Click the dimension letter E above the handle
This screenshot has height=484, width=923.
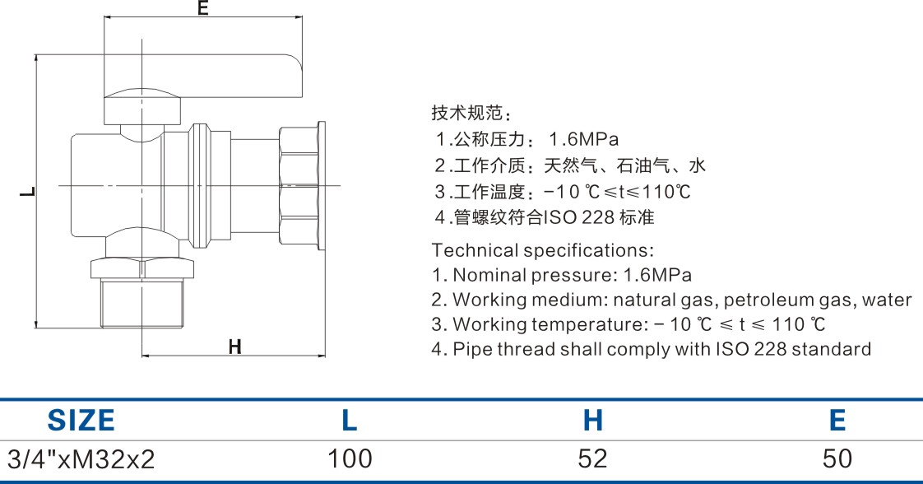tap(203, 7)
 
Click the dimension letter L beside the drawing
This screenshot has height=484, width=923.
tap(27, 191)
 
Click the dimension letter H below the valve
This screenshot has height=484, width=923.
tap(235, 347)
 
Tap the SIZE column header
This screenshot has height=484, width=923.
tap(81, 421)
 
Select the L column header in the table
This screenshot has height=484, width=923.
tap(349, 421)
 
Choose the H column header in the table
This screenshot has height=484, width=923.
tap(592, 421)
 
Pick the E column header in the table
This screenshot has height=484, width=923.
tap(837, 421)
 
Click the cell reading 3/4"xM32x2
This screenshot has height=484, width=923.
tap(81, 458)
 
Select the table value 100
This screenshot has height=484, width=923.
tap(350, 458)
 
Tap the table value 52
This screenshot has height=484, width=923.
tap(592, 458)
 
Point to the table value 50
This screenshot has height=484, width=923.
tap(837, 458)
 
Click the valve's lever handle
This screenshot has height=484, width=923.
tap(202, 77)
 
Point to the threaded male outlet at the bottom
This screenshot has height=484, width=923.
tap(141, 303)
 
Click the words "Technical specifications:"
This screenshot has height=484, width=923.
tap(542, 250)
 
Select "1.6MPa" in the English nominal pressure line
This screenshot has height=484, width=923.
tap(657, 275)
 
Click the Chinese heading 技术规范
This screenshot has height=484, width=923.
tap(466, 113)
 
